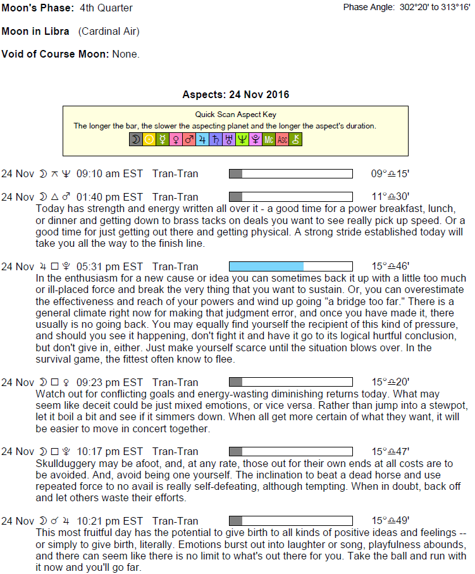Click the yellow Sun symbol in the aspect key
[x=149, y=140]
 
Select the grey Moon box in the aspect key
[x=135, y=140]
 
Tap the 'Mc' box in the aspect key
[x=269, y=140]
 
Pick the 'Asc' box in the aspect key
[x=282, y=140]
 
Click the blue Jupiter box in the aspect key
[x=202, y=140]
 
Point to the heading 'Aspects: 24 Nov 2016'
[x=235, y=95]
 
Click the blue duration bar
[x=266, y=266]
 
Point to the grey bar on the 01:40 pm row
[x=235, y=197]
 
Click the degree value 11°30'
[x=390, y=197]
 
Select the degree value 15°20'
[x=390, y=382]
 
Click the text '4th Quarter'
[x=106, y=8]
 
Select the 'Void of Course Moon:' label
[x=56, y=54]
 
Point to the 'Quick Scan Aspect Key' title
[x=235, y=115]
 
